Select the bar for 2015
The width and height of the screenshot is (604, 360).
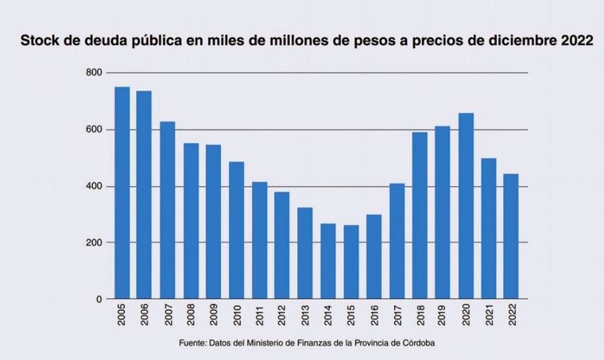(351, 262)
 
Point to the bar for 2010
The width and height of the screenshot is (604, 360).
(237, 230)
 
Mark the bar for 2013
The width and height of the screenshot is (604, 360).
(305, 254)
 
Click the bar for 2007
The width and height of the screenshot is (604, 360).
(168, 211)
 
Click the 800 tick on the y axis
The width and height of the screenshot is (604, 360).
(95, 73)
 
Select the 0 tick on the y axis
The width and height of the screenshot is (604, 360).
(99, 300)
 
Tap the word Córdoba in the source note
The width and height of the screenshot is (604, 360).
(416, 343)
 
